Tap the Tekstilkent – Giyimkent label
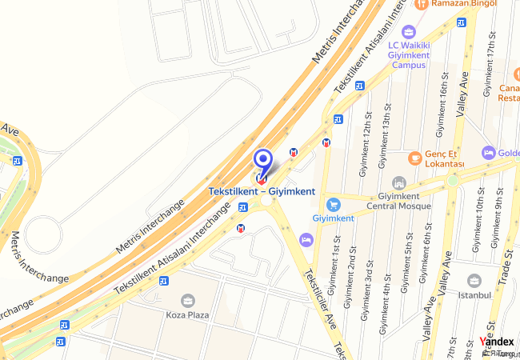point(262,191)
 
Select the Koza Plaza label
point(187,314)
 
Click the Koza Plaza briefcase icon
point(187,300)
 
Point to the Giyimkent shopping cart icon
point(334,204)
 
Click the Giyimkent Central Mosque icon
point(398,183)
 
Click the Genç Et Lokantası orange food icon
point(414,156)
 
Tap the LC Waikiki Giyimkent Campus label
point(408,55)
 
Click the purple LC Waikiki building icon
point(409,32)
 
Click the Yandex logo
point(497,342)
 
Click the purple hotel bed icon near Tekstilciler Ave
point(306,239)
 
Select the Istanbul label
point(474,294)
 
